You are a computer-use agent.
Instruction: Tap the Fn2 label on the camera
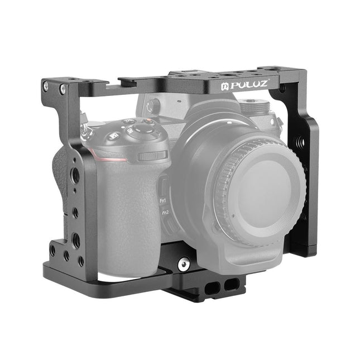point(166,213)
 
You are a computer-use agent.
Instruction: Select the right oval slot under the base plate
point(229,286)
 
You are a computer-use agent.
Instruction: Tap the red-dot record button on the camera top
point(128,121)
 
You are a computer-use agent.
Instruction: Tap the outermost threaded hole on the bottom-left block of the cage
point(53,250)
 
